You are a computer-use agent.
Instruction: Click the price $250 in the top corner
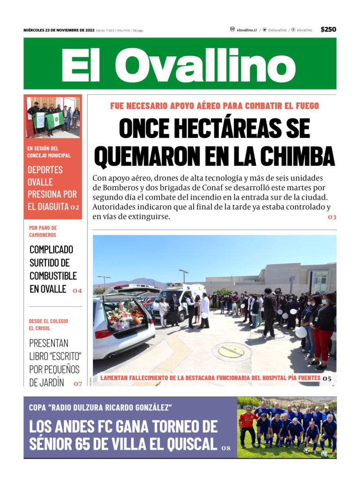pyautogui.click(x=328, y=30)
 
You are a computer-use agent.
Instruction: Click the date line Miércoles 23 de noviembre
pyautogui.click(x=59, y=30)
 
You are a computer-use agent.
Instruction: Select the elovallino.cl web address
pyautogui.click(x=246, y=30)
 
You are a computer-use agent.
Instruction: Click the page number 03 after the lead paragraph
pyautogui.click(x=332, y=217)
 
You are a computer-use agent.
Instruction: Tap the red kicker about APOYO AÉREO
pyautogui.click(x=214, y=106)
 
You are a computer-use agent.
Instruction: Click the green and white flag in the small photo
pyautogui.click(x=54, y=120)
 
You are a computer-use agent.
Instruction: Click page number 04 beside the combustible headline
pyautogui.click(x=77, y=290)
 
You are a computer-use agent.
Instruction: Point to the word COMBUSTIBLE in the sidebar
pyautogui.click(x=53, y=276)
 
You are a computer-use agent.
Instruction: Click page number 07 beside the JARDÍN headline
pyautogui.click(x=78, y=384)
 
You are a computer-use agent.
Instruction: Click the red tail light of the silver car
pyautogui.click(x=103, y=334)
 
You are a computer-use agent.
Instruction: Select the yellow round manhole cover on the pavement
pyautogui.click(x=231, y=351)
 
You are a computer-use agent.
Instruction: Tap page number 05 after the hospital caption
pyautogui.click(x=327, y=378)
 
